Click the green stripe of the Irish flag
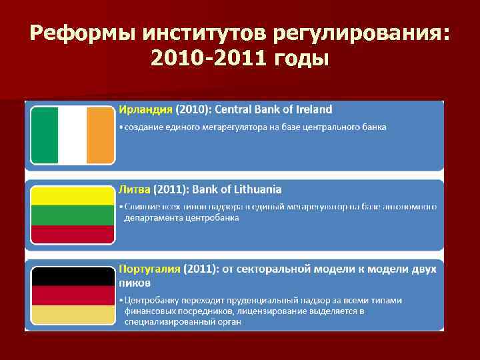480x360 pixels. click(x=44, y=135)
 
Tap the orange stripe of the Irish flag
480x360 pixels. click(x=101, y=135)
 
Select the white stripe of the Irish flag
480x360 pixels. click(x=72, y=135)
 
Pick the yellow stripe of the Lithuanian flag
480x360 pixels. click(x=72, y=195)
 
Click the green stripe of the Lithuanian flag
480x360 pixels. click(x=72, y=215)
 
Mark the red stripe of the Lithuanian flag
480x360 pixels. click(x=72, y=234)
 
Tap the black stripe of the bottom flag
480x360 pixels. click(x=72, y=276)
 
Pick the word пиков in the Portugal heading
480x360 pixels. click(x=134, y=282)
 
